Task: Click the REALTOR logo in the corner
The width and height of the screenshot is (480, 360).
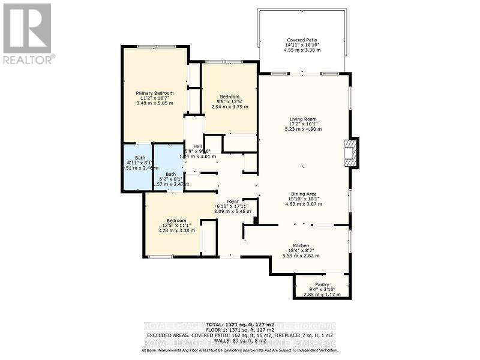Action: tap(28, 33)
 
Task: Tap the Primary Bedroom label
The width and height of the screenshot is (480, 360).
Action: tap(154, 93)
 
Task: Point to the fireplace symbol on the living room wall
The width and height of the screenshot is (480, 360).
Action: tap(350, 152)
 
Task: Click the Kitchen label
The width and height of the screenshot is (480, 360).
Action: tap(301, 246)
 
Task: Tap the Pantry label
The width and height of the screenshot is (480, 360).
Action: tap(322, 284)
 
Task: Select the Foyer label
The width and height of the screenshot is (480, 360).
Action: tap(232, 201)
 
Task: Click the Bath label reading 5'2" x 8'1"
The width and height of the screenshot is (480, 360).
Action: tap(171, 174)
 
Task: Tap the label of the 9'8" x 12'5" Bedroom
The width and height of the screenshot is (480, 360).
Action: tap(229, 97)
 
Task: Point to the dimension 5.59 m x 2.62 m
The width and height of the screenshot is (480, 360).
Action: tap(301, 256)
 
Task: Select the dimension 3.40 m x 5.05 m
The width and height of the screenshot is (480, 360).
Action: tap(154, 103)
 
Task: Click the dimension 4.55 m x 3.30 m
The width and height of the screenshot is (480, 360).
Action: tap(302, 50)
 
